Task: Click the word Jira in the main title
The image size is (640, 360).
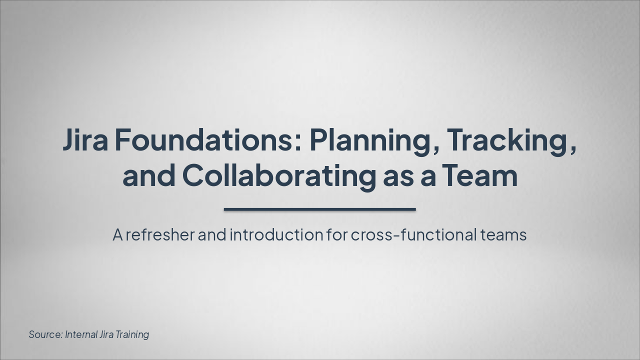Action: coord(85,140)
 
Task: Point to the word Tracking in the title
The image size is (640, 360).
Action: coord(509,140)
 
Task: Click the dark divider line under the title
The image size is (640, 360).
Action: coord(319,209)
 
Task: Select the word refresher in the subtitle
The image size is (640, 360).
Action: coord(160,234)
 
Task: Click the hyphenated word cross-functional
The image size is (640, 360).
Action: coord(413,234)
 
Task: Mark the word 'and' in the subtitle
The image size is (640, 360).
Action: coord(212,234)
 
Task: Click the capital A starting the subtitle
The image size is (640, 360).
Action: coord(117,234)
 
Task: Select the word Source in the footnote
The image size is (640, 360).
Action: coord(45,334)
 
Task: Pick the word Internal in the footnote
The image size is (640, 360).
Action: coord(81,334)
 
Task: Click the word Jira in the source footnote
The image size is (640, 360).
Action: coord(106,334)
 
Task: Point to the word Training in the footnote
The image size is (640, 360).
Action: coord(132,334)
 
